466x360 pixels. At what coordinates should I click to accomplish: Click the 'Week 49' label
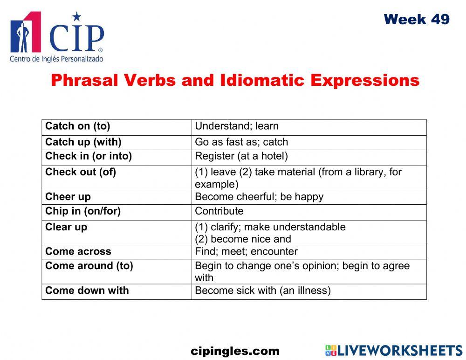tap(417, 20)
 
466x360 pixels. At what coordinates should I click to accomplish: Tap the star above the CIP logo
tap(77, 17)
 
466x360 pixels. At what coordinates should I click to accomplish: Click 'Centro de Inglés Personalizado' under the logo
tap(56, 59)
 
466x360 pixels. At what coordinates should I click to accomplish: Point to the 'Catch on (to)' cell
tap(78, 126)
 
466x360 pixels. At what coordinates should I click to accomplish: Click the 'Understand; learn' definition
tap(237, 126)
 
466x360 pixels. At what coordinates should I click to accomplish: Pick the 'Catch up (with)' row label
tap(83, 142)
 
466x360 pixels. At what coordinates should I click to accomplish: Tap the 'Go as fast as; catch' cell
tap(241, 142)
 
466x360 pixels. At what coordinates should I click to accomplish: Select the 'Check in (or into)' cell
tap(89, 156)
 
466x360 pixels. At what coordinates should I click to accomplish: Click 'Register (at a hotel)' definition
tap(241, 156)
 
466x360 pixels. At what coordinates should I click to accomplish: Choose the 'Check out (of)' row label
tap(81, 172)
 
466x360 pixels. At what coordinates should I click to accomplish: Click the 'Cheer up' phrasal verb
tap(68, 196)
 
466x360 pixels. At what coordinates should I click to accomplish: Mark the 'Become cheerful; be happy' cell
tap(259, 196)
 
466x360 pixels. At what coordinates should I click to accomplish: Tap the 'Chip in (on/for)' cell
tap(83, 211)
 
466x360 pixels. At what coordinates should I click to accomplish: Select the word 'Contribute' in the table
tap(219, 211)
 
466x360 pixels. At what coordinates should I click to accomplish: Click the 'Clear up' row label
tap(66, 227)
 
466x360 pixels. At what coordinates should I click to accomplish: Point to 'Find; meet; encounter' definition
tap(246, 251)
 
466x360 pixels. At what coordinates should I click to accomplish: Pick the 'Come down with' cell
tap(87, 290)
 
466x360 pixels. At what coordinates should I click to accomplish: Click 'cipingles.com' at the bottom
tap(235, 351)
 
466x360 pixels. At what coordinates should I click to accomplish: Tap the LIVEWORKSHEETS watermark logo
tap(394, 351)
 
